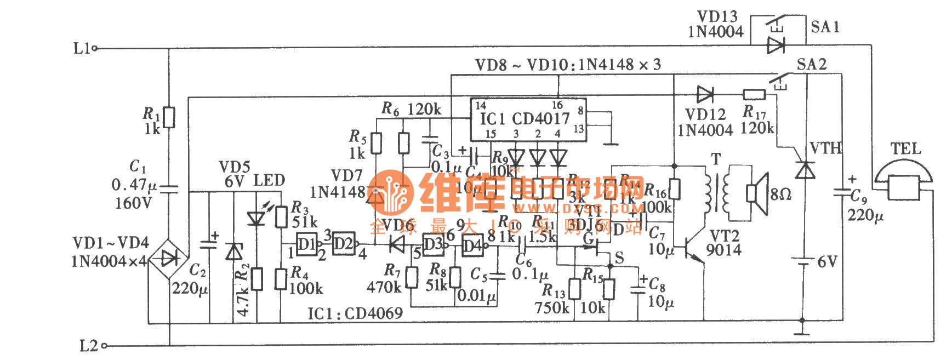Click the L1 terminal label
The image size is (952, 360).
82,48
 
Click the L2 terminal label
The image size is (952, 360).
89,346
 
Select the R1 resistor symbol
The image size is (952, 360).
169,117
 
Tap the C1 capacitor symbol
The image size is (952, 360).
169,188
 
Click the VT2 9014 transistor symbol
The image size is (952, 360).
694,249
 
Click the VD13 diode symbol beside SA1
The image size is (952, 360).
775,45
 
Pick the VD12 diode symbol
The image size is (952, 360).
704,95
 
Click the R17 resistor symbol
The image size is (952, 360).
754,95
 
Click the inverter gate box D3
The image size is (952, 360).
432,244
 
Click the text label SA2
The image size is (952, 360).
811,65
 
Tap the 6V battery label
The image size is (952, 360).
827,261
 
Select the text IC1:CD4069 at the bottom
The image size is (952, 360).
355,313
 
